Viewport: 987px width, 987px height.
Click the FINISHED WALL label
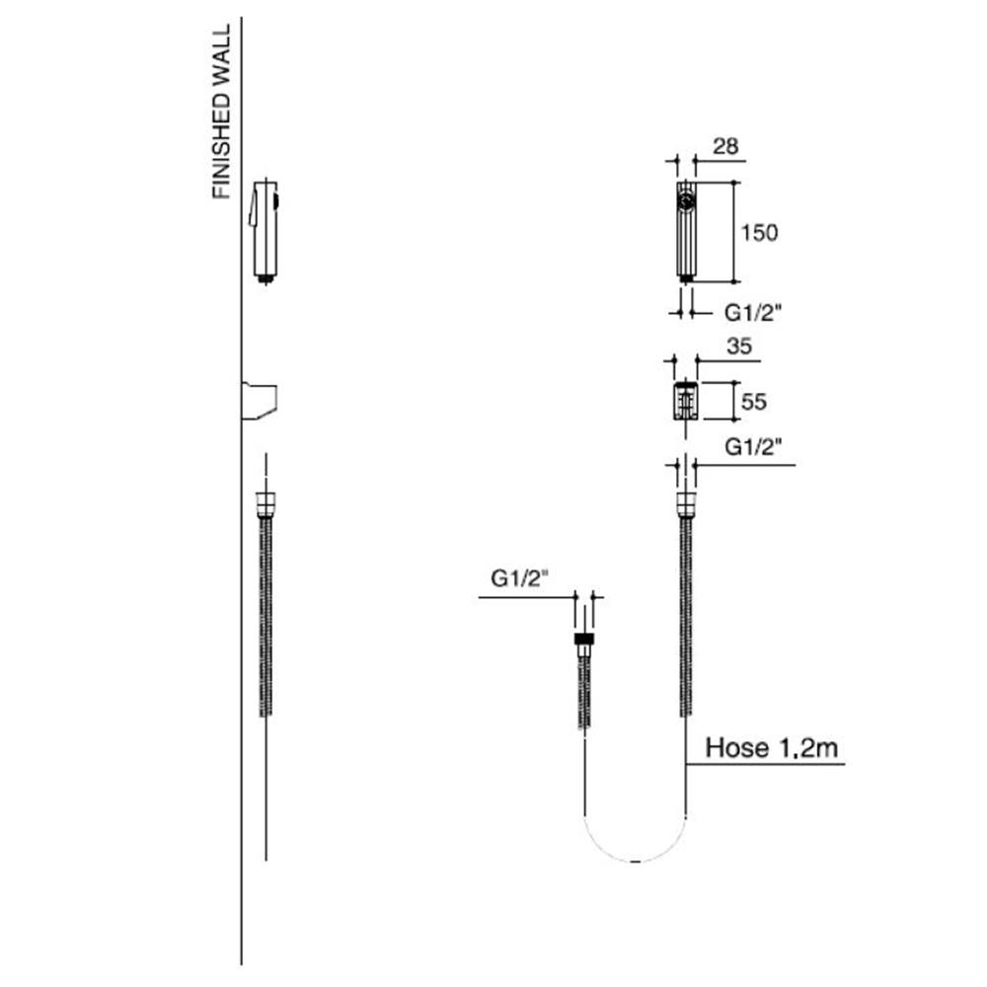[x=221, y=113]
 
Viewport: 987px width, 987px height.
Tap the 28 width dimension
[x=725, y=146]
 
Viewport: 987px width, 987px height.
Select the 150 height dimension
[x=759, y=233]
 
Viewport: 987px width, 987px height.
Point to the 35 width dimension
[x=739, y=346]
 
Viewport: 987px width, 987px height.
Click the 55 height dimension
[x=753, y=402]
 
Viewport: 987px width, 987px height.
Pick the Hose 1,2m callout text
[x=772, y=748]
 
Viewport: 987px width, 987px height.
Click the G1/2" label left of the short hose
[x=520, y=577]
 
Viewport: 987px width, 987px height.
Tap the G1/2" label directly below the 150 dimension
[x=753, y=312]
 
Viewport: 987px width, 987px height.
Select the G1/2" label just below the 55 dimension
[x=753, y=447]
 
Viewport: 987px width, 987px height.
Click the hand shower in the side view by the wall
[x=265, y=232]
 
